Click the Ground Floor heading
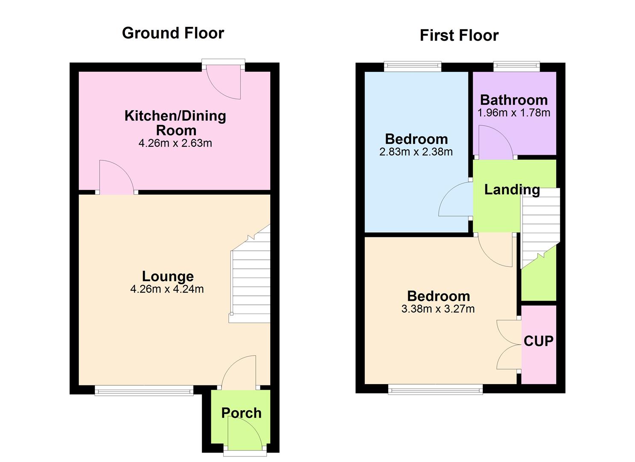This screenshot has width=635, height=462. click(173, 33)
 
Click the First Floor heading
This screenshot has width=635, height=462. click(459, 35)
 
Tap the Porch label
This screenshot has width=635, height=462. click(241, 413)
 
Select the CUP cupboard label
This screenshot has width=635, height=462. click(538, 341)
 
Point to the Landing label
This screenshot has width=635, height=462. click(511, 190)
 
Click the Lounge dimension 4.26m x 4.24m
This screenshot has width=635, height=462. click(167, 289)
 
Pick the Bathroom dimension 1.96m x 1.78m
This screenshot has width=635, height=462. click(514, 113)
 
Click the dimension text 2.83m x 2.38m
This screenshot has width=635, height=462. click(416, 152)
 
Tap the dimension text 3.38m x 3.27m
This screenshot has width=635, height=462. click(438, 309)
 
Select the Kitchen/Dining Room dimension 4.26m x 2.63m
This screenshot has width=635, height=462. click(175, 143)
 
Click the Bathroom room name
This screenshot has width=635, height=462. click(514, 100)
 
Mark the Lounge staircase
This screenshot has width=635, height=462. click(250, 278)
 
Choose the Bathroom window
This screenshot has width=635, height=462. click(516, 66)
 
